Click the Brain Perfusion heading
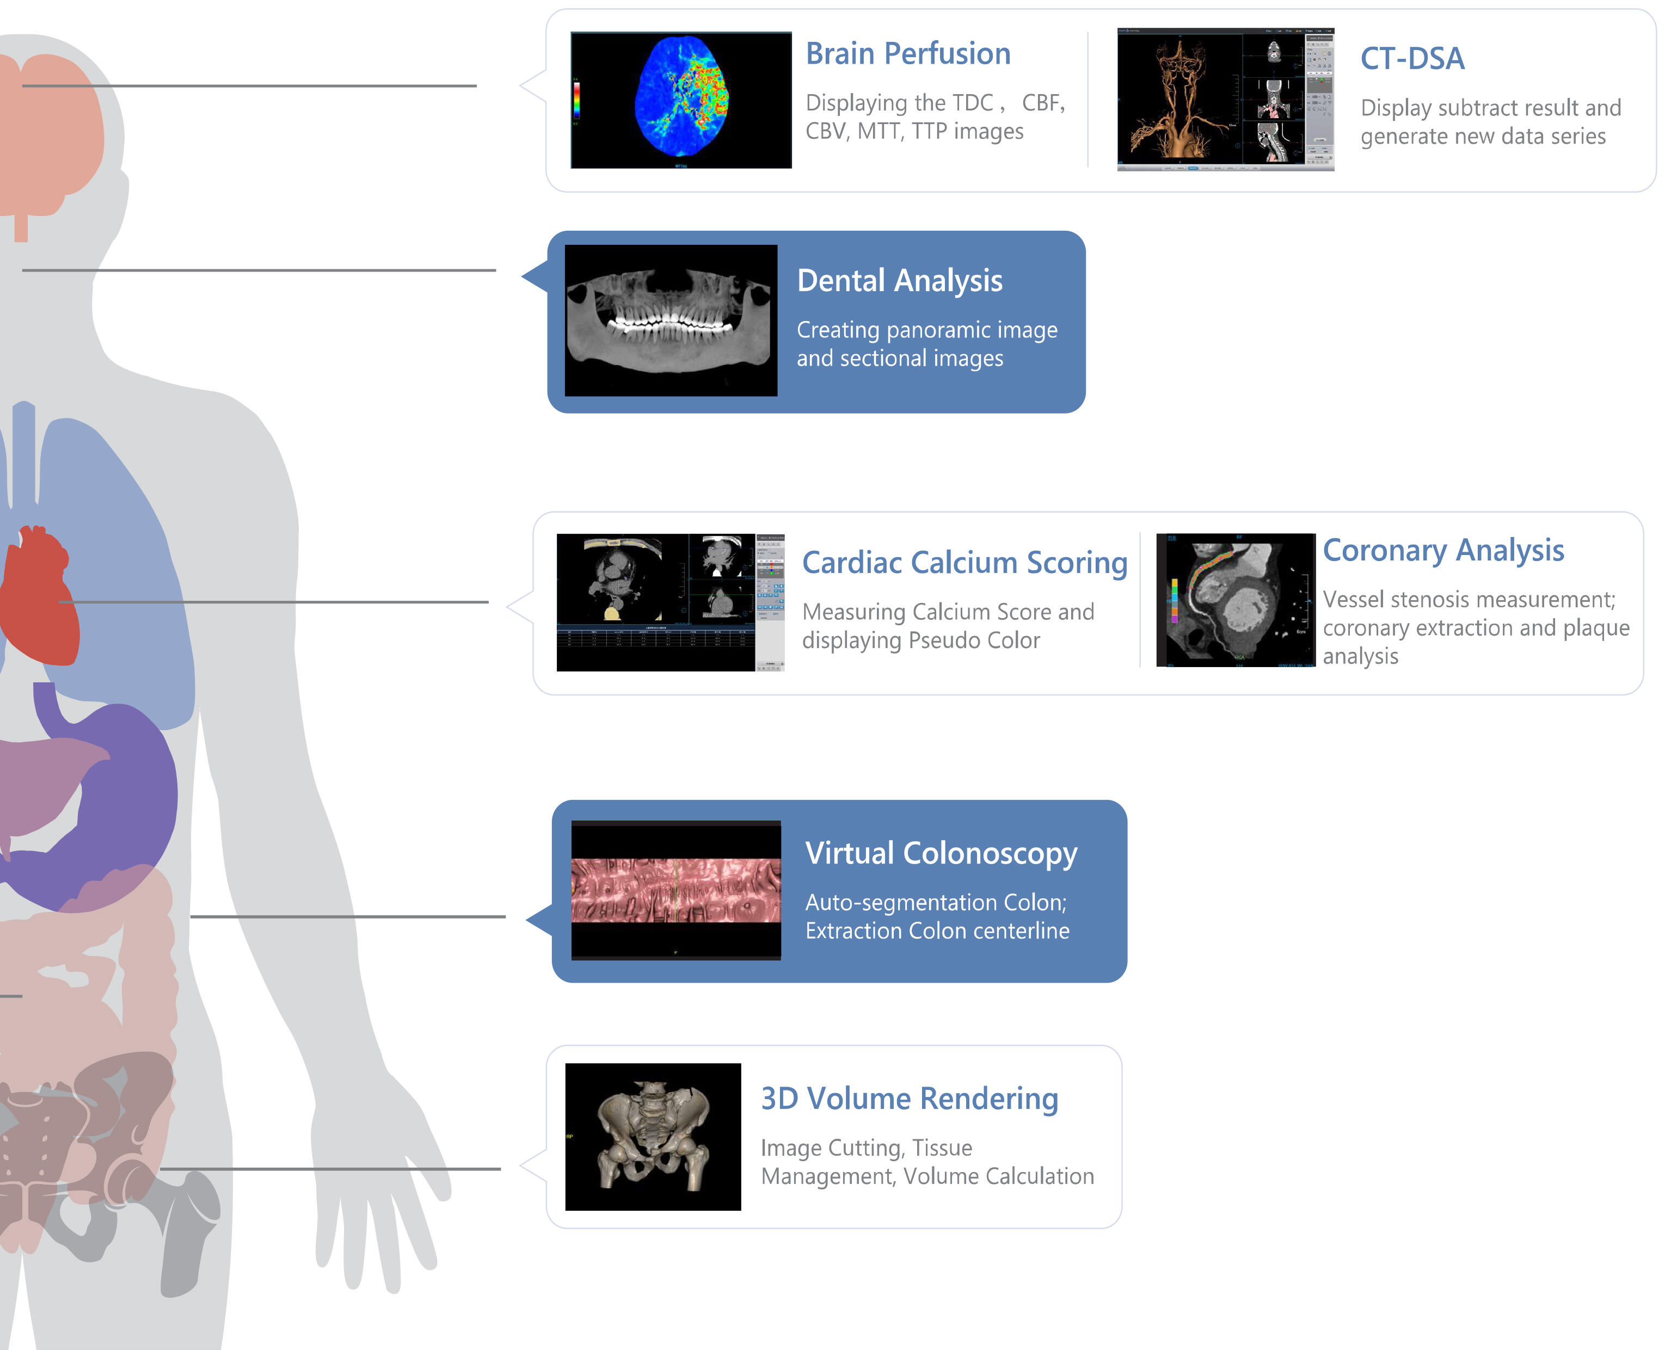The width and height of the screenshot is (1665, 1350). click(907, 54)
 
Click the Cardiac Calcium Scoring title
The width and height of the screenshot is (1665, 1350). click(964, 562)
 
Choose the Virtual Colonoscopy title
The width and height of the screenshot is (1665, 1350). click(941, 853)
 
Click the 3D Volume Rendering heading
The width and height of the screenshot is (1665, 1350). click(909, 1098)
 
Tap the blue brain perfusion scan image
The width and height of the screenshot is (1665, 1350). click(681, 100)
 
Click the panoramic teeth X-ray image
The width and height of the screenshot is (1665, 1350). click(671, 320)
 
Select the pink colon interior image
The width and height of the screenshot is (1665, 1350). click(676, 890)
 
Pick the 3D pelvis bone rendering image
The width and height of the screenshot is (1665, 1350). click(653, 1136)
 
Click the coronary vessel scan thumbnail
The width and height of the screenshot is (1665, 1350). click(1235, 600)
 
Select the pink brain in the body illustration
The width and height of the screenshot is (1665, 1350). click(51, 132)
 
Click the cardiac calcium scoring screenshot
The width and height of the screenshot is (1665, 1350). click(669, 602)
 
